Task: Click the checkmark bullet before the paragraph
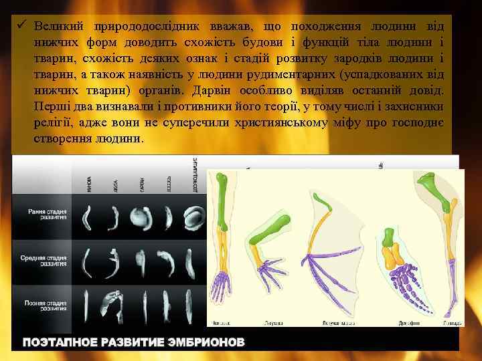(x=22, y=26)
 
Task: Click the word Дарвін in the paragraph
(x=214, y=90)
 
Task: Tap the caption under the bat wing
(x=334, y=323)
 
